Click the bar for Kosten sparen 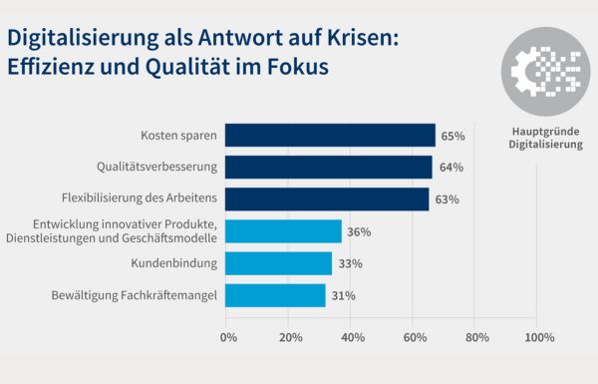330,135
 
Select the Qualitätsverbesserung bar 329,167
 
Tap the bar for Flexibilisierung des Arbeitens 327,198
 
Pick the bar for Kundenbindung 278,263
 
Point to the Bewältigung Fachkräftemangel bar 275,295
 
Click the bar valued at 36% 283,231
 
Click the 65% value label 451,135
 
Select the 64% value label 449,167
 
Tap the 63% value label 447,199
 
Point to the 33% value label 349,263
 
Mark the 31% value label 343,295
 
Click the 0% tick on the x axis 228,338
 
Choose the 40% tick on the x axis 353,338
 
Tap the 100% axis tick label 538,338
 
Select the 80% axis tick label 476,338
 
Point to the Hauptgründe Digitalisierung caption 546,138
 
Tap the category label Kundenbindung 174,263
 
